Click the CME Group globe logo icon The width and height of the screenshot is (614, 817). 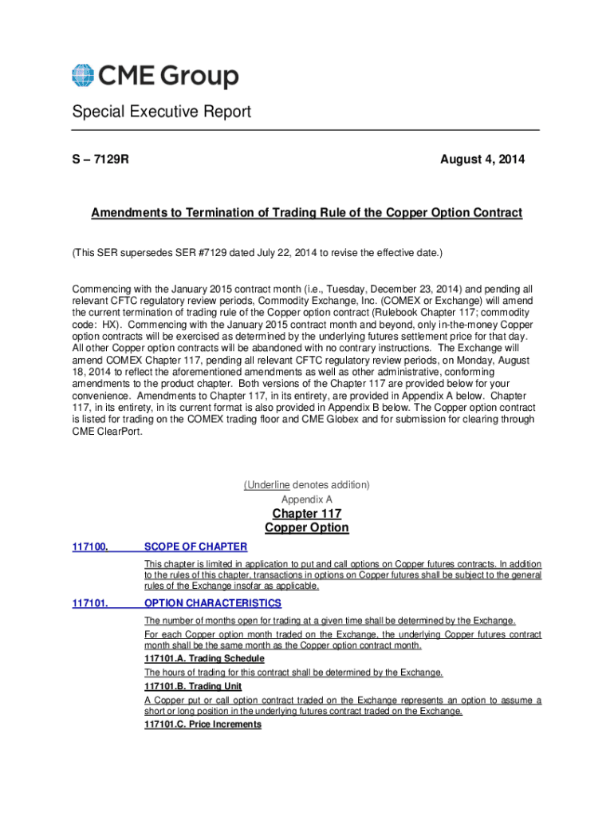click(83, 76)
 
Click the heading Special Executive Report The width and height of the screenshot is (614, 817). click(161, 112)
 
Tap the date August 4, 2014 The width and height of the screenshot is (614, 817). click(482, 160)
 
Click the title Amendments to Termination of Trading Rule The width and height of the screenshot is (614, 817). click(306, 213)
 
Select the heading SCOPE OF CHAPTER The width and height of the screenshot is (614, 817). click(195, 547)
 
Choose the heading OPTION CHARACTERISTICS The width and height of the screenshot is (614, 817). click(212, 603)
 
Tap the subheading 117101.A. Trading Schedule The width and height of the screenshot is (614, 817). click(204, 659)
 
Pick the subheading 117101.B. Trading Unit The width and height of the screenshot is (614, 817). click(193, 686)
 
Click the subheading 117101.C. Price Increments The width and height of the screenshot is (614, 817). click(203, 724)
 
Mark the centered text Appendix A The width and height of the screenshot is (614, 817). click(306, 499)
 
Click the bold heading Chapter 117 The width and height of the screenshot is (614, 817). click(306, 513)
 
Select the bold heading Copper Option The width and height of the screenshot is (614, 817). click(306, 528)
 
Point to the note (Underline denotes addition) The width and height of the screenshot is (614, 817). click(306, 485)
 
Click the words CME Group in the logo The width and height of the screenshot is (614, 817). click(168, 77)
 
